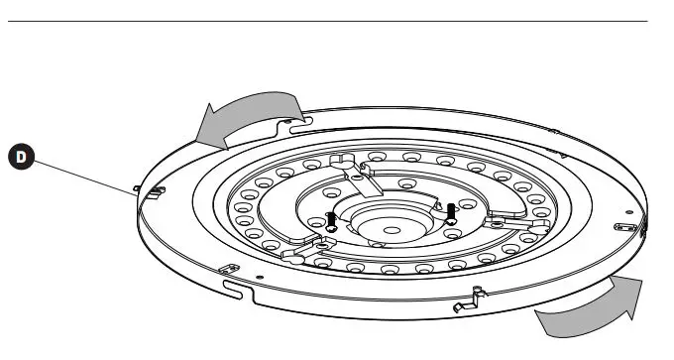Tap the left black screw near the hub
pos(331,219)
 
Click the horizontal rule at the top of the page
pos(337,21)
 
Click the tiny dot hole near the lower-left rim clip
pos(259,277)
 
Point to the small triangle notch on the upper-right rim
pos(562,156)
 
